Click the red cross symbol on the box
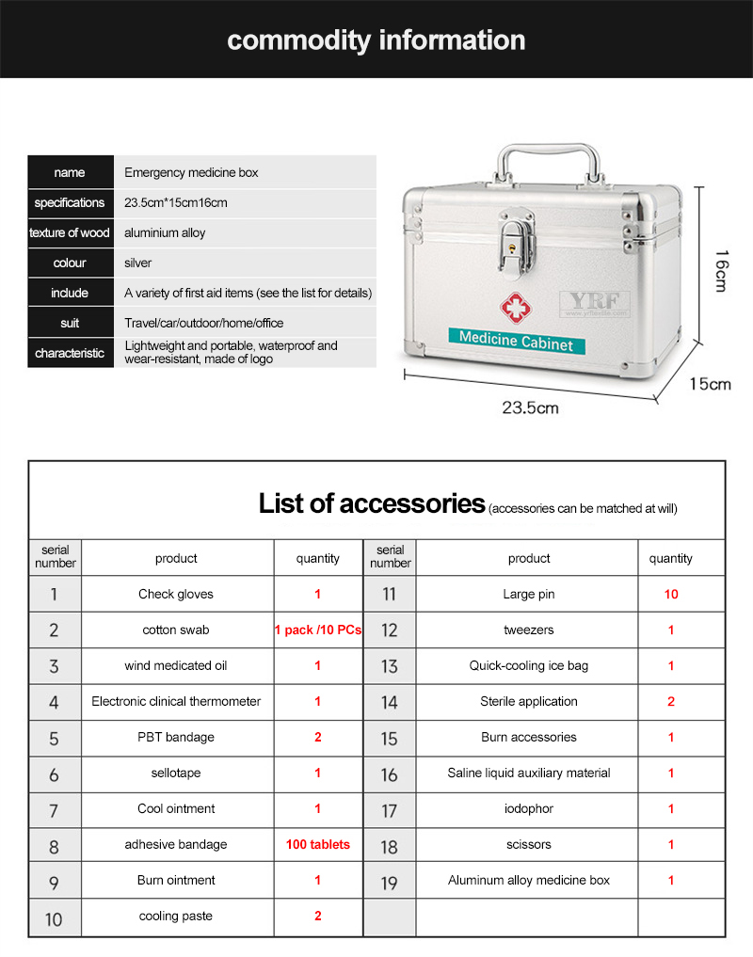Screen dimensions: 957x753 (515, 307)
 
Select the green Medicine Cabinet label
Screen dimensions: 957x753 (516, 341)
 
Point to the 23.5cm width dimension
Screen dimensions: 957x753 (530, 407)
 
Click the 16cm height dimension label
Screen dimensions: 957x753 (721, 270)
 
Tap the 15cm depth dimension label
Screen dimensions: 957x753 (710, 383)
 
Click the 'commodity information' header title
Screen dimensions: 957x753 (376, 40)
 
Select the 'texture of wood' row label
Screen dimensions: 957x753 (70, 232)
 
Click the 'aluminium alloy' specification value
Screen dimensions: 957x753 (165, 232)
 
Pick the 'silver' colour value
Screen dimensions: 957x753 (138, 263)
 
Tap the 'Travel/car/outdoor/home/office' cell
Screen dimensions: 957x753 (203, 323)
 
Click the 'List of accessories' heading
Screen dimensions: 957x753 (371, 503)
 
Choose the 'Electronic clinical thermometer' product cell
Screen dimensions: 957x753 (176, 701)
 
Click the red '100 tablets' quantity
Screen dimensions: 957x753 (317, 844)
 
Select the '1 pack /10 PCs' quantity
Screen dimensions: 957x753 (317, 630)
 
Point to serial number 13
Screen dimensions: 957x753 (389, 666)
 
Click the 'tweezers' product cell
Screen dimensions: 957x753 (528, 630)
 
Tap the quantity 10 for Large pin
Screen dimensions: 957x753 (670, 594)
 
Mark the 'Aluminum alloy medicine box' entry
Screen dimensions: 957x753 (528, 880)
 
